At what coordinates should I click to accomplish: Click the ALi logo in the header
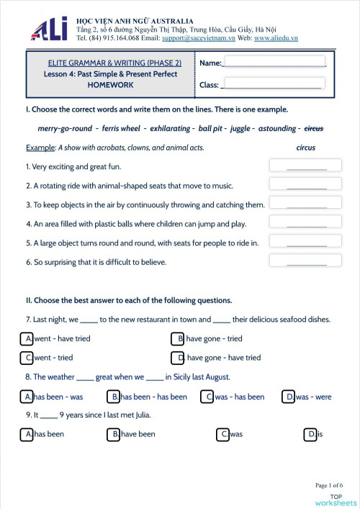(x=49, y=28)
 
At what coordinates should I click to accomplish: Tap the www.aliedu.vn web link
(x=276, y=37)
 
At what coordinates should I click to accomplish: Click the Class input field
(x=274, y=84)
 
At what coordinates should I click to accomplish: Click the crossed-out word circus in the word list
(x=314, y=128)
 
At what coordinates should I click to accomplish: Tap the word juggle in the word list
(x=245, y=128)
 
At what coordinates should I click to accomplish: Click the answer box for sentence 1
(x=297, y=166)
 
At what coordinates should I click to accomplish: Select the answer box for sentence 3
(x=297, y=204)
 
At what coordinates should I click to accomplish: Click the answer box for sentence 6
(x=297, y=261)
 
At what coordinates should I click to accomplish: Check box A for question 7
(x=27, y=338)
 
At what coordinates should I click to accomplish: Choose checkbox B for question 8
(x=114, y=397)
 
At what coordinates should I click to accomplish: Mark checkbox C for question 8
(x=207, y=397)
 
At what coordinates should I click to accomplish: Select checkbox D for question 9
(x=311, y=434)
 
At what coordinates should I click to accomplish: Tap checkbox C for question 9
(x=224, y=434)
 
